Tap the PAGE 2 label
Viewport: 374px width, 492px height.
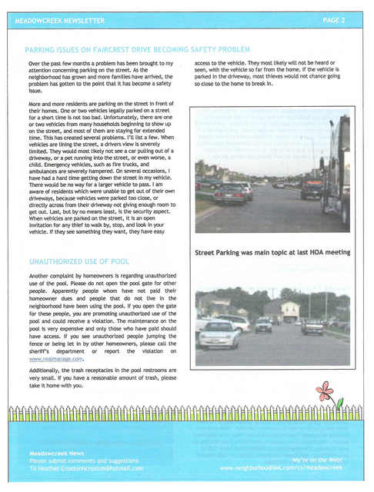pyautogui.click(x=334, y=20)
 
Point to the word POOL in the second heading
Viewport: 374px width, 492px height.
pyautogui.click(x=119, y=262)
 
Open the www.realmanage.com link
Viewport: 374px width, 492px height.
pyautogui.click(x=55, y=359)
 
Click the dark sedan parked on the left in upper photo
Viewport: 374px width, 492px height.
pyautogui.click(x=229, y=194)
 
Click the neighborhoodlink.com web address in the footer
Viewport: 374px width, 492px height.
pyautogui.click(x=280, y=467)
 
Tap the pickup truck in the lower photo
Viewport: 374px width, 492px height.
pyautogui.click(x=312, y=326)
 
